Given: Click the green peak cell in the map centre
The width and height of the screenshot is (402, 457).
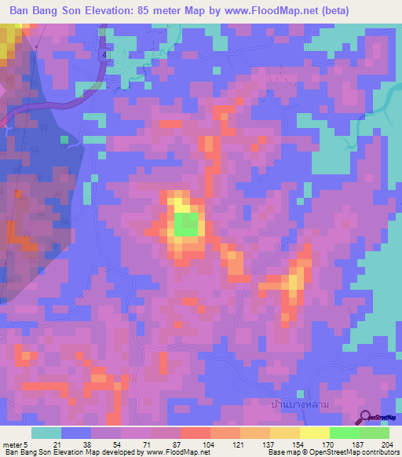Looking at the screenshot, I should [185, 225].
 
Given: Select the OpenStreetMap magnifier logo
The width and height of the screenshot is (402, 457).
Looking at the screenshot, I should [366, 419].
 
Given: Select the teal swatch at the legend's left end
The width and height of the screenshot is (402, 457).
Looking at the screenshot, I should [46, 433].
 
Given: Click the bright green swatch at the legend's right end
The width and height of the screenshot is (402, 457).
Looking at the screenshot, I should [375, 433].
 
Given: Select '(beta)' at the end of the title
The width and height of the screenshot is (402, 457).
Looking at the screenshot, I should [331, 10].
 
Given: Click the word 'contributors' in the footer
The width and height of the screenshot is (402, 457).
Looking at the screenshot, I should [380, 453].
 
